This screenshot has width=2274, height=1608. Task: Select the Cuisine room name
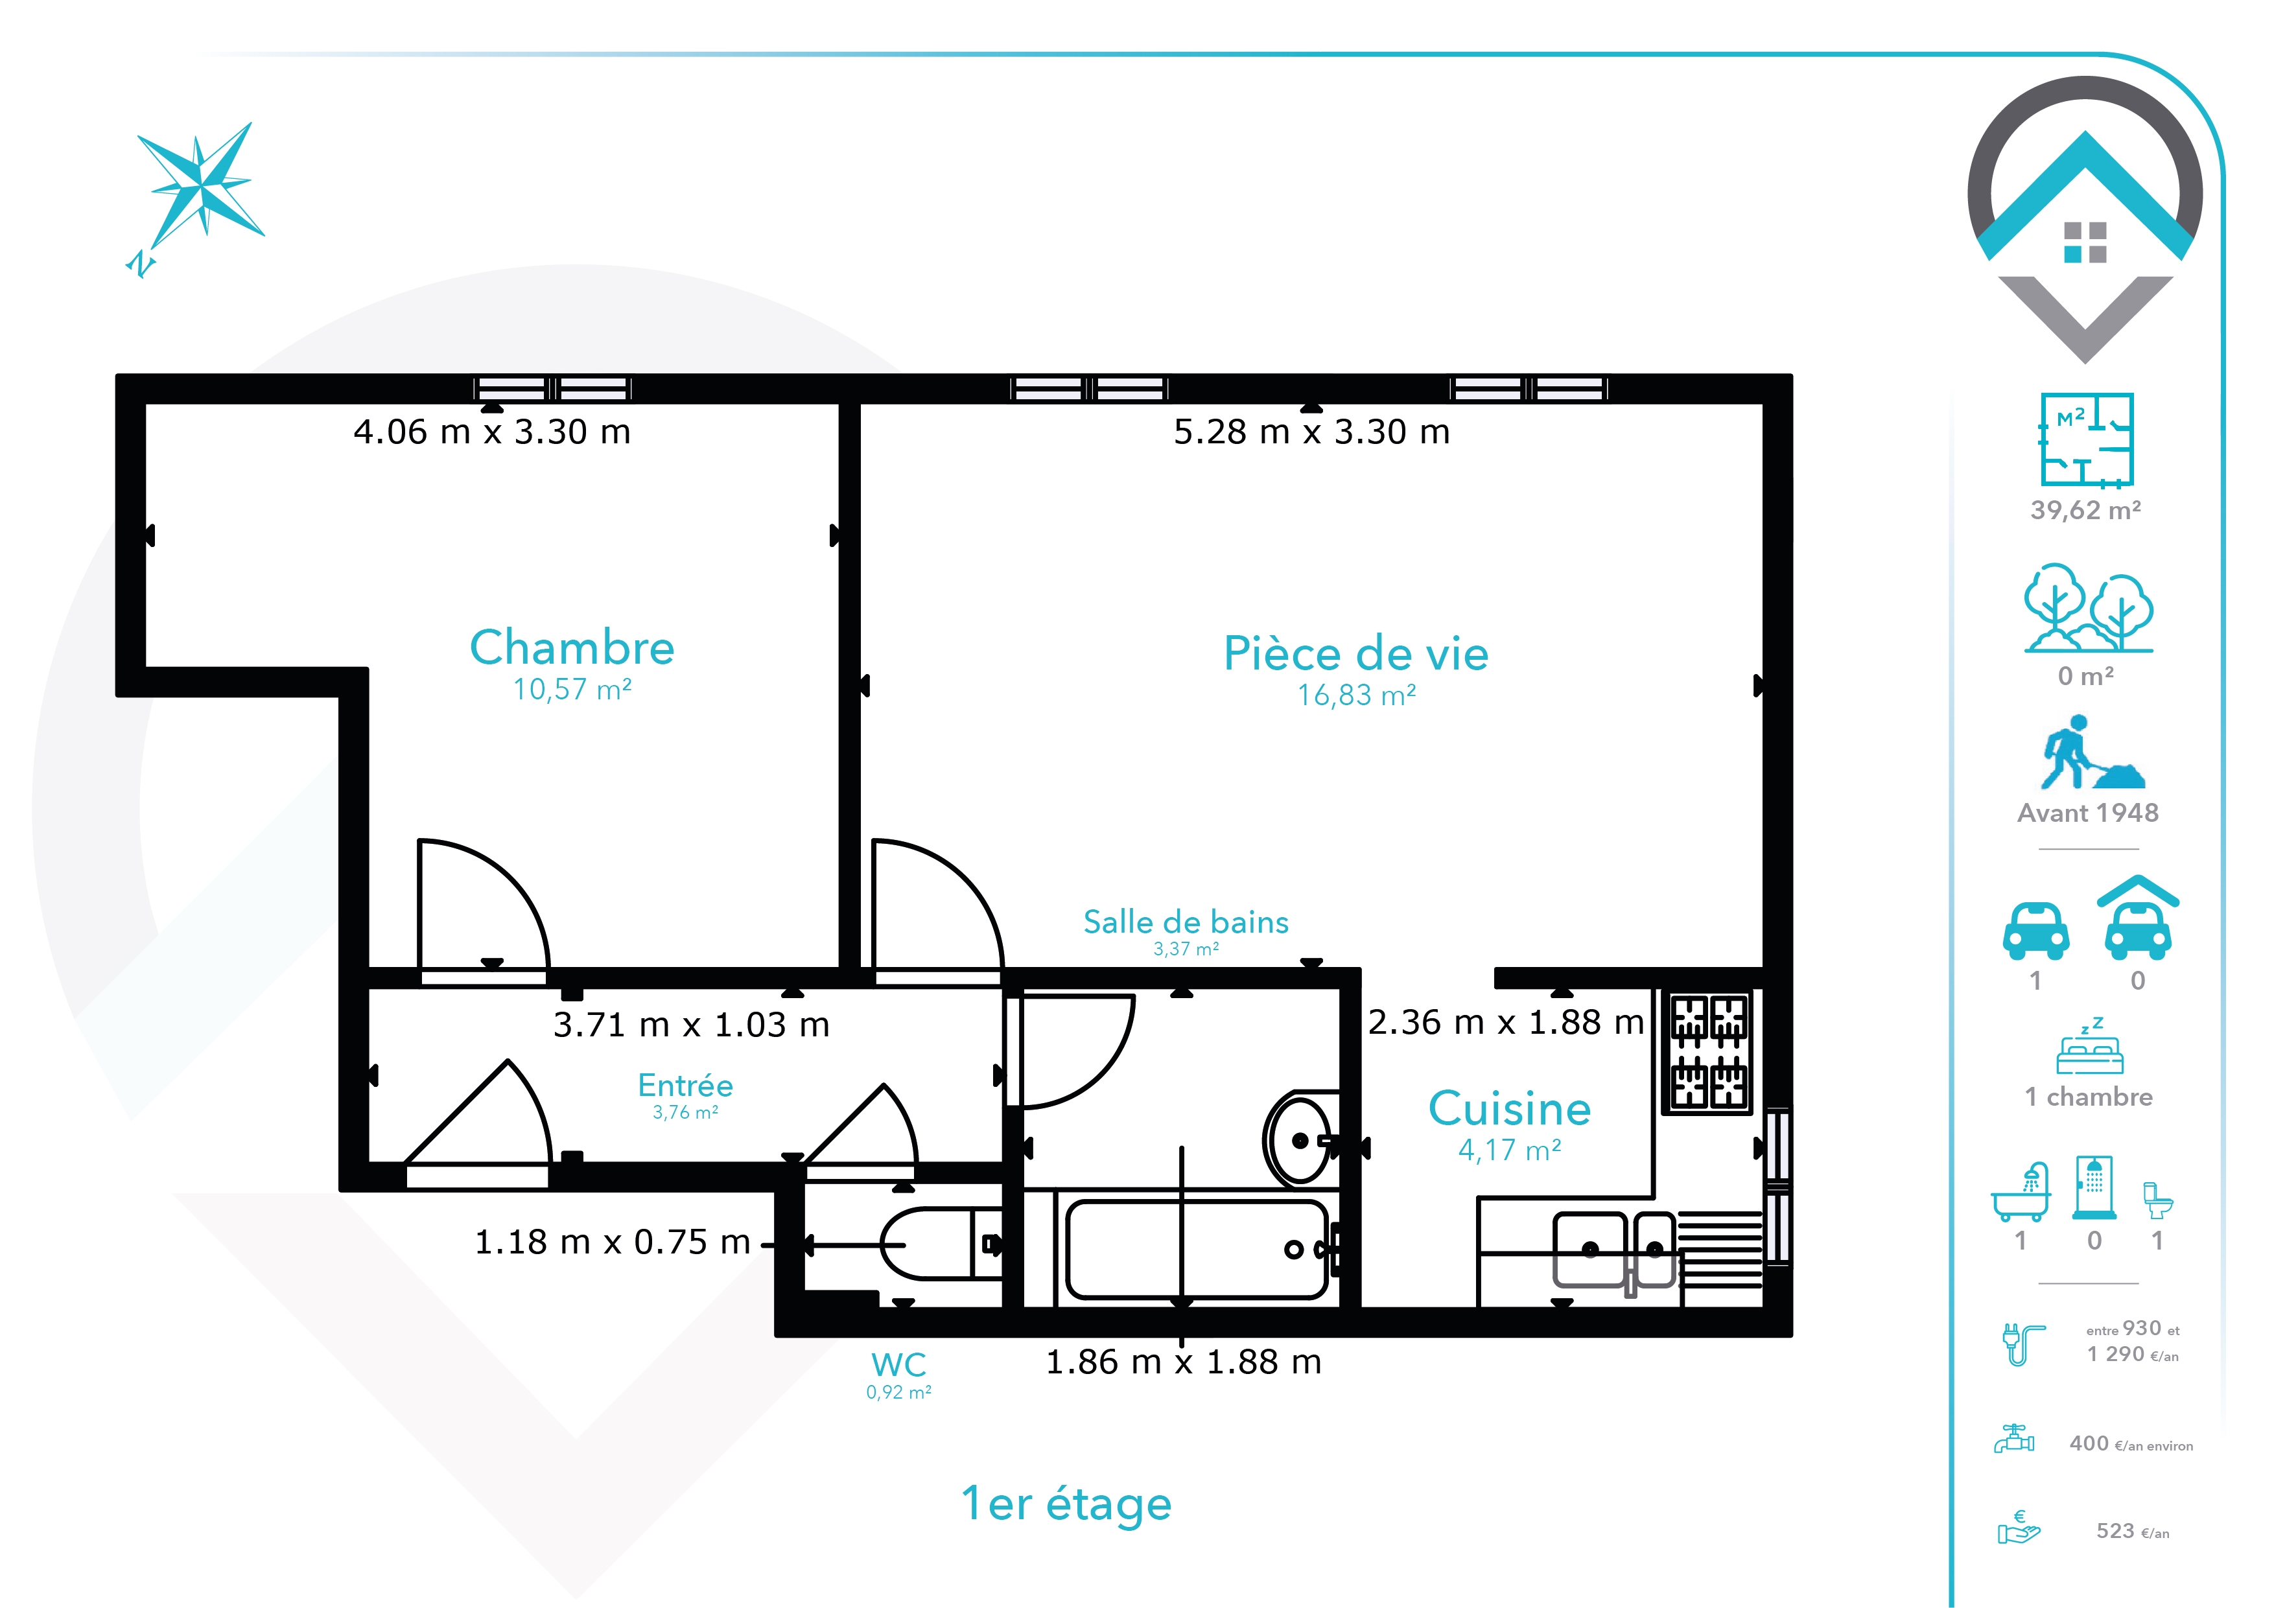[x=1509, y=1109]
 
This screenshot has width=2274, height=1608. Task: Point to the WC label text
[x=898, y=1364]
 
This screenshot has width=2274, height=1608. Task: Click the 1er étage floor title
[x=1067, y=1504]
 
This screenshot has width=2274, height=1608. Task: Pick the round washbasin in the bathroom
[x=1300, y=1141]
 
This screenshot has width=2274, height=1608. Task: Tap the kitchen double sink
[x=1613, y=1250]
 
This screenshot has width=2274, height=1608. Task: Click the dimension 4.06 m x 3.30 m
[x=492, y=433]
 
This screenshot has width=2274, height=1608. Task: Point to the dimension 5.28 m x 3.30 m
[x=1311, y=433]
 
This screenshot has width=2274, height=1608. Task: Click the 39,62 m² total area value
[x=2086, y=510]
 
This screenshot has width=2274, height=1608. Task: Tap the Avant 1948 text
[x=2088, y=813]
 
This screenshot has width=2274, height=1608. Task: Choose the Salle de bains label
[x=1186, y=922]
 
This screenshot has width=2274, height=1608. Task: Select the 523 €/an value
[x=2133, y=1532]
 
